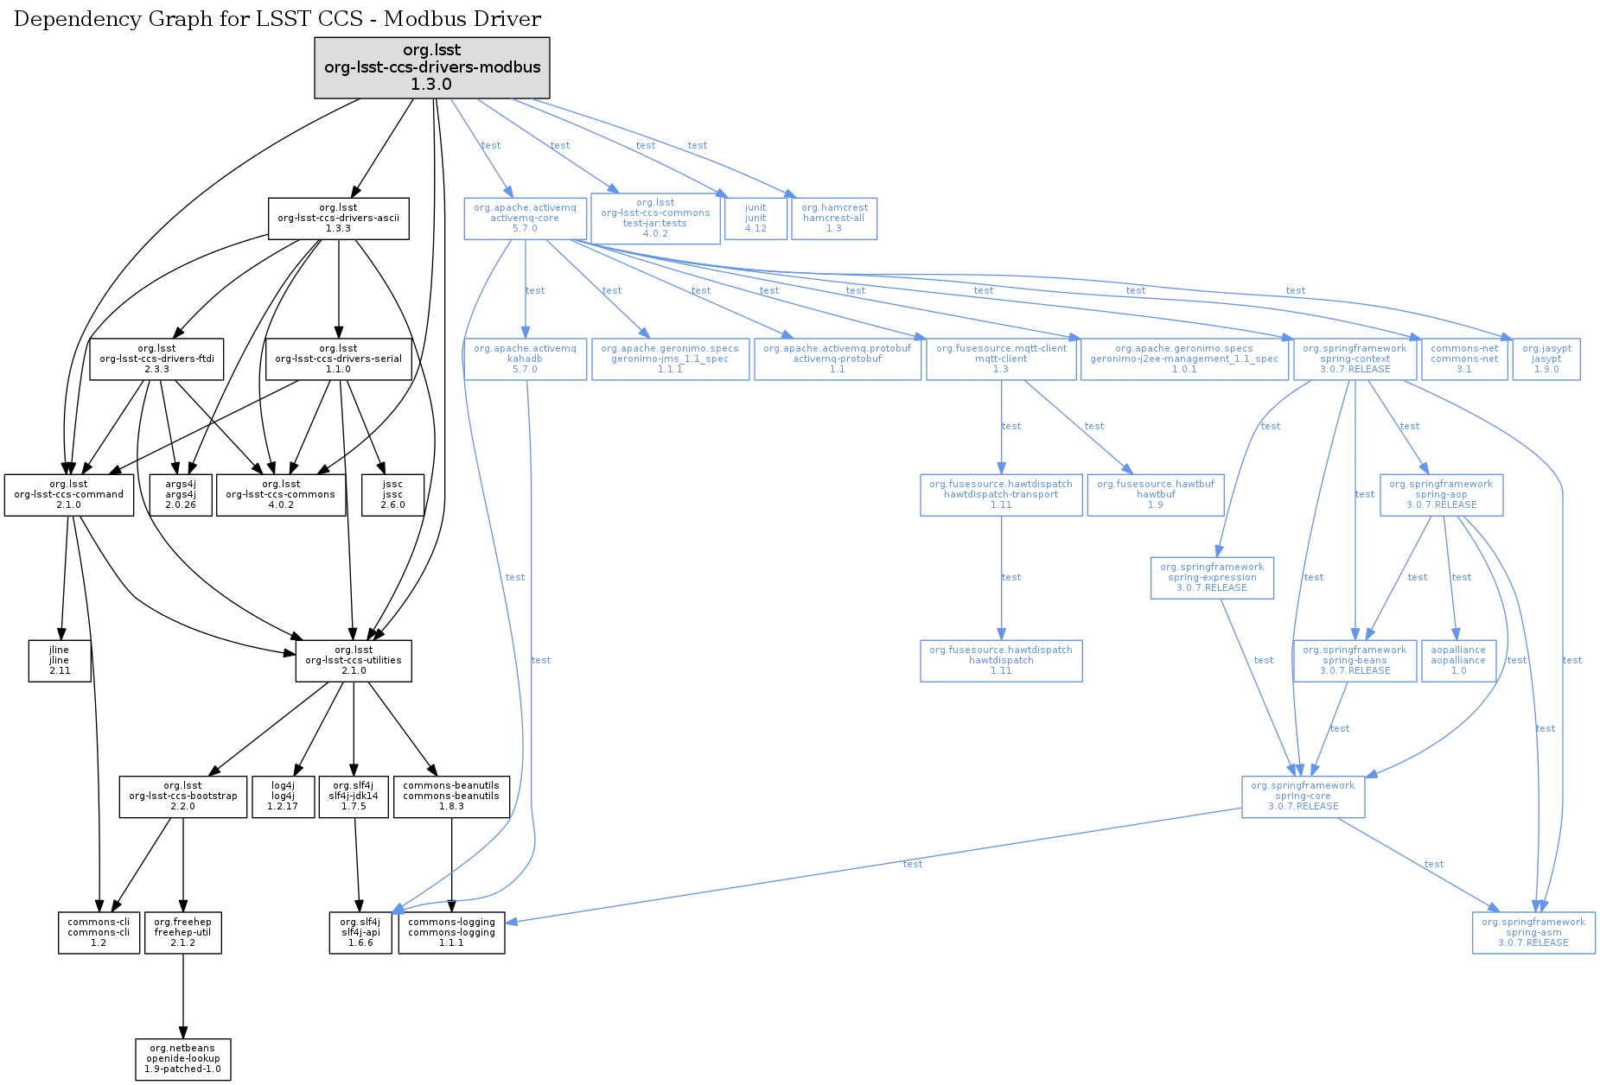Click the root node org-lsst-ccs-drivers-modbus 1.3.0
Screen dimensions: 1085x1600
pos(431,67)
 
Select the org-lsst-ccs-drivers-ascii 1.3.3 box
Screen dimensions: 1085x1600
pos(338,219)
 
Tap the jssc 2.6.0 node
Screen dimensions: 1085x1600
pos(392,495)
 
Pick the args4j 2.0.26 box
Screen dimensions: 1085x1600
pos(180,495)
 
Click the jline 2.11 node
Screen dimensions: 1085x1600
pos(59,661)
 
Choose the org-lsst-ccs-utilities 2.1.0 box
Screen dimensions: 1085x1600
pos(354,661)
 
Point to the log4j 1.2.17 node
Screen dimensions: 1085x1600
pos(283,796)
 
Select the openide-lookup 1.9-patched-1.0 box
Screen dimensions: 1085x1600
pos(182,1059)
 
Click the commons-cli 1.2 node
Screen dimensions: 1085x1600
pos(99,933)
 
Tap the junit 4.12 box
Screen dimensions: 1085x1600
pos(755,219)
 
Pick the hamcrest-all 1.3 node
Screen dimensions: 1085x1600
pos(834,219)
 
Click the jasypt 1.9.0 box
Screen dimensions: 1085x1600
pos(1546,359)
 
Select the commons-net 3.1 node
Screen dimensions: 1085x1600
pos(1464,359)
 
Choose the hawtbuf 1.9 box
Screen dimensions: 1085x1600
pos(1156,495)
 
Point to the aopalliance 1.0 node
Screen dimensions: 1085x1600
pos(1458,661)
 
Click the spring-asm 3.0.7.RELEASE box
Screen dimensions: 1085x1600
pos(1533,933)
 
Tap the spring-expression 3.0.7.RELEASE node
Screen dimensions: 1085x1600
pos(1212,578)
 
